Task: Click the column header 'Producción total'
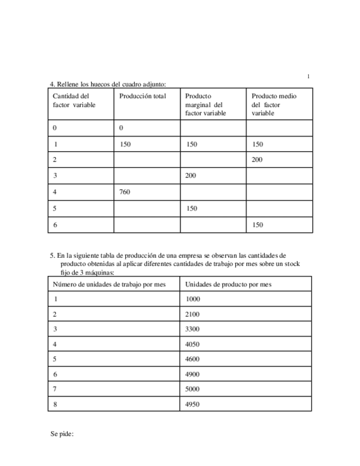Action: tap(142, 96)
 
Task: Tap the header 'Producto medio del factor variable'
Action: tap(274, 104)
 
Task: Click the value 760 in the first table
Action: tap(125, 192)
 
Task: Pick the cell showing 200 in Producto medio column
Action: tap(257, 160)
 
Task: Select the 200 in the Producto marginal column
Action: tap(191, 176)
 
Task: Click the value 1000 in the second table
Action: tap(193, 299)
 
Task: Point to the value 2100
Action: tap(193, 314)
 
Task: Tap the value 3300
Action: tap(193, 329)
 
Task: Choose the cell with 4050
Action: tap(193, 345)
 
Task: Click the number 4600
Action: tap(193, 359)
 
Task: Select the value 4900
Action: tap(193, 374)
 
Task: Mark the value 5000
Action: tap(193, 389)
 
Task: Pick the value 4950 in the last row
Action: tap(193, 404)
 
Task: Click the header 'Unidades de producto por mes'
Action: tap(229, 284)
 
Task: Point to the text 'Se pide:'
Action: tap(62, 434)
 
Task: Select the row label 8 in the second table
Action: tap(55, 404)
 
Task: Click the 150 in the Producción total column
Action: tap(125, 145)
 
